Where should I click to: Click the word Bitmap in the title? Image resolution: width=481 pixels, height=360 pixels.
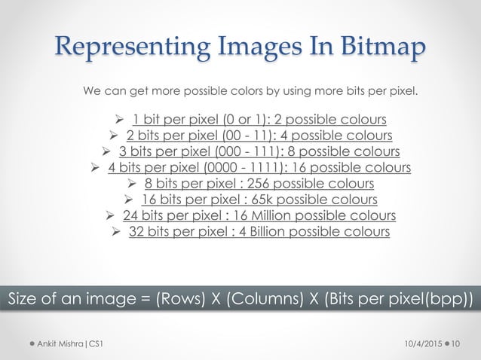pos(375,47)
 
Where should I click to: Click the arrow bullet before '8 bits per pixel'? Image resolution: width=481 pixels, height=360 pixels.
pos(130,183)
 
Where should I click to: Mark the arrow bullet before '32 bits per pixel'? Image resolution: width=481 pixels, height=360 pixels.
pos(117,231)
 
